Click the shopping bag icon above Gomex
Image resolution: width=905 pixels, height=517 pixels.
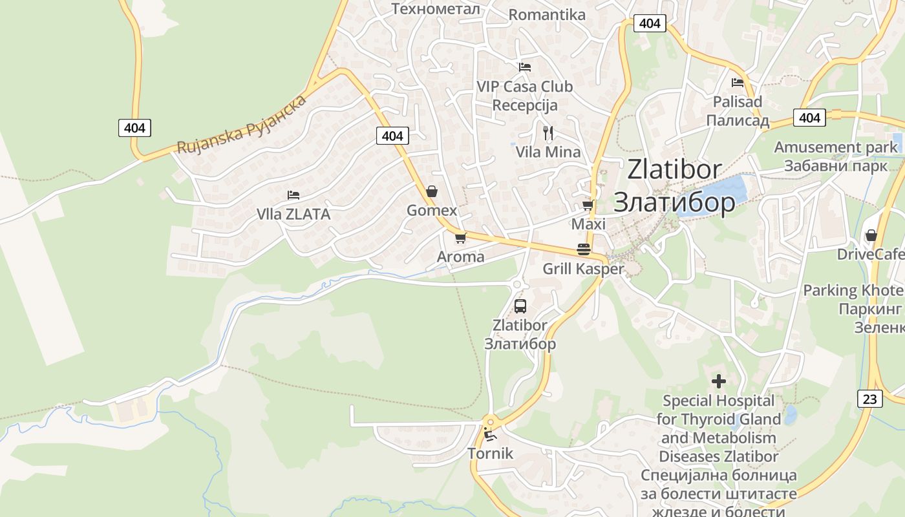click(x=431, y=191)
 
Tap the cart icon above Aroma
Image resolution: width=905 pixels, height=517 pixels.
click(x=460, y=238)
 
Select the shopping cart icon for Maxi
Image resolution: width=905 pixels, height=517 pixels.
click(x=588, y=205)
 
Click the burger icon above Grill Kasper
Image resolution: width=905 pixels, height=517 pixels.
click(x=584, y=249)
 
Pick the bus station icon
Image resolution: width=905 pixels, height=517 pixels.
click(x=520, y=306)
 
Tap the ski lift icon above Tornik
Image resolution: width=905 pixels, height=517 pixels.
click(x=490, y=434)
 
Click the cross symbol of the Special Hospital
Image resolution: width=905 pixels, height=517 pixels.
click(x=718, y=381)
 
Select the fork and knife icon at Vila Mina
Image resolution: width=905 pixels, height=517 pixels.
click(x=548, y=133)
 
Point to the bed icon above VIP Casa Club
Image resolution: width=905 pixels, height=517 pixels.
click(x=525, y=67)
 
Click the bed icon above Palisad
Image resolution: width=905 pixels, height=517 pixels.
click(x=738, y=82)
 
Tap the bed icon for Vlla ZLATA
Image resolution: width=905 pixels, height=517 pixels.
click(x=293, y=195)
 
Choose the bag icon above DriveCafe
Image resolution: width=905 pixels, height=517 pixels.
click(x=871, y=235)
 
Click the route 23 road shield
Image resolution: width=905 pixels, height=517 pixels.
click(x=870, y=399)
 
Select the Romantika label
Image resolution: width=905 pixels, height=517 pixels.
click(x=547, y=15)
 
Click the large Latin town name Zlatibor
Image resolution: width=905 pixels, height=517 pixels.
click(x=674, y=169)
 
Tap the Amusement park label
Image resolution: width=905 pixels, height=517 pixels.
click(x=836, y=147)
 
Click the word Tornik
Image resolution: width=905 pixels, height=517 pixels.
click(x=490, y=453)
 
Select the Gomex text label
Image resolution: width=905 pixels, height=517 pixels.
click(x=432, y=211)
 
